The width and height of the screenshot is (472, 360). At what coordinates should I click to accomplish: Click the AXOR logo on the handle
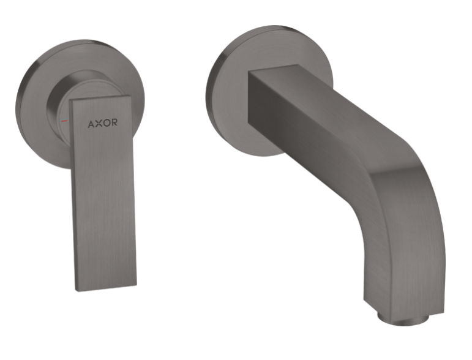coord(102,122)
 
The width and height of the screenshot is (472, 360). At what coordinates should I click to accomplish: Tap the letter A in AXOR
coord(91,122)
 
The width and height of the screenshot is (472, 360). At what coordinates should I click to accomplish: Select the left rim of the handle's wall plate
coord(18,104)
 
